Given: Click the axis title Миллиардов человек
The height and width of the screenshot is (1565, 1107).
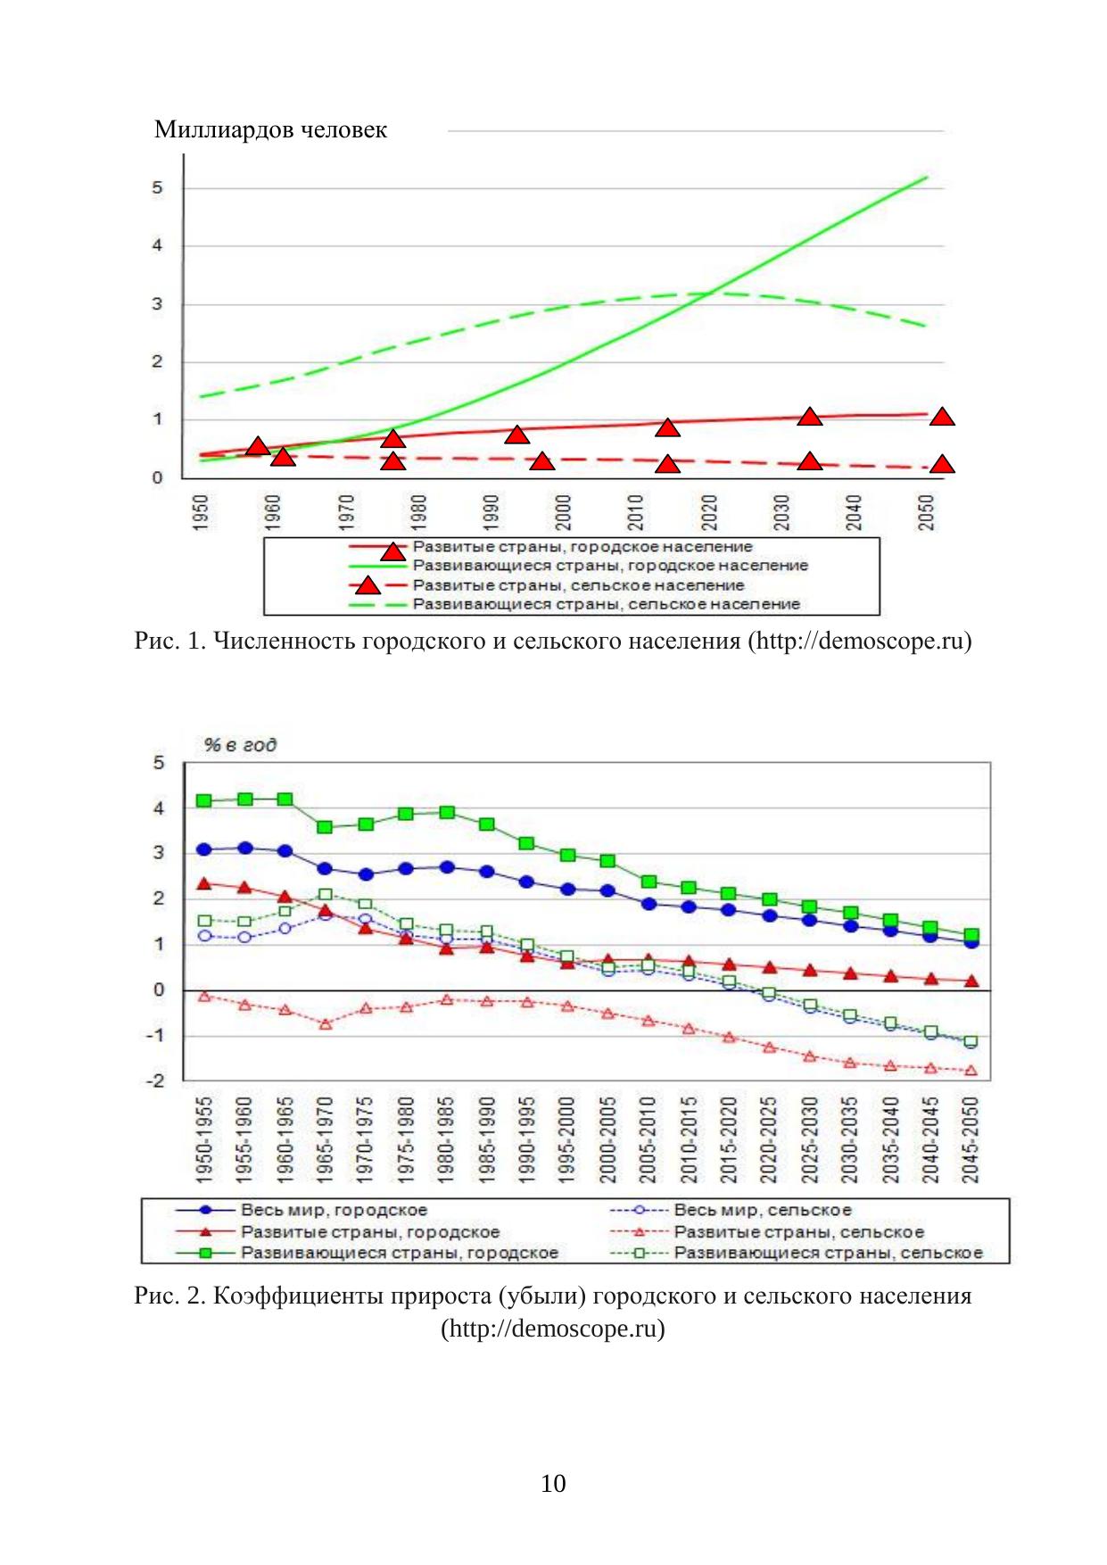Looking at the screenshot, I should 270,130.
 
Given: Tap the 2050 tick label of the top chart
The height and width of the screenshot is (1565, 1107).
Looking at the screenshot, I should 927,513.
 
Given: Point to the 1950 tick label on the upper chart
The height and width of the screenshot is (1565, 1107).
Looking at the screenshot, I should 201,513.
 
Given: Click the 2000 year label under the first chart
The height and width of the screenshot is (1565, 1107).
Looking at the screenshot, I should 563,513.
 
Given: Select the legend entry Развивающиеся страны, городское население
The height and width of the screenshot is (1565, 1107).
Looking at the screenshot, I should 610,566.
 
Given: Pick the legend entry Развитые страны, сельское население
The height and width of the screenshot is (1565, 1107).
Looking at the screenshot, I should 578,585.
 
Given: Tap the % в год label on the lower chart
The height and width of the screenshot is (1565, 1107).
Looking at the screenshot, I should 240,745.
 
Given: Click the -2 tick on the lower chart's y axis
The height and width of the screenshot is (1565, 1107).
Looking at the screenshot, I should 158,1081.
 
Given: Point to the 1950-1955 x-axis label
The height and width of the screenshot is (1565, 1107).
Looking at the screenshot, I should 204,1140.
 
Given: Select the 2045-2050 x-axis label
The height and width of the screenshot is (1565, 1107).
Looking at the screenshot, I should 971,1140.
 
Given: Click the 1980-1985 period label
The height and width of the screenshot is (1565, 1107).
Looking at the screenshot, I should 446,1140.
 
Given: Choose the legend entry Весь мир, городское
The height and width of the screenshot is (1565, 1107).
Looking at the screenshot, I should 334,1211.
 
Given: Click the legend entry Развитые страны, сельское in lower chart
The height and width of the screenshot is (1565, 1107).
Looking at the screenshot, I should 798,1232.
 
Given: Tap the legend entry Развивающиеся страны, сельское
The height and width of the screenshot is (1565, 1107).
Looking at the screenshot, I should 828,1253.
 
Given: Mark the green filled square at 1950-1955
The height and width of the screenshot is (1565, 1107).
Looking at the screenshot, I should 204,801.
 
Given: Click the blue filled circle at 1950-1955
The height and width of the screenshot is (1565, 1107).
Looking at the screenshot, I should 204,849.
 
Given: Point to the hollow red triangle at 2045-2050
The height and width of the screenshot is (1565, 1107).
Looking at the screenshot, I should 971,1071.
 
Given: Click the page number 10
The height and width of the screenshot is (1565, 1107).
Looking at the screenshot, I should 553,1484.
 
